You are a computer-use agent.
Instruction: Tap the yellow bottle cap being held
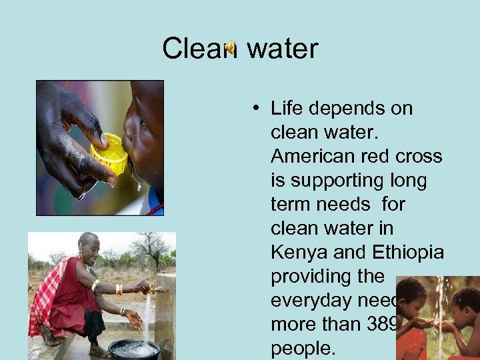click(110, 155)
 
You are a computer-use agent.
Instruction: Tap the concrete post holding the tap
click(165, 313)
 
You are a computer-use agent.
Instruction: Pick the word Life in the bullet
click(286, 108)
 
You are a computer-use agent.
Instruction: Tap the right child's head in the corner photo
click(467, 300)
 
